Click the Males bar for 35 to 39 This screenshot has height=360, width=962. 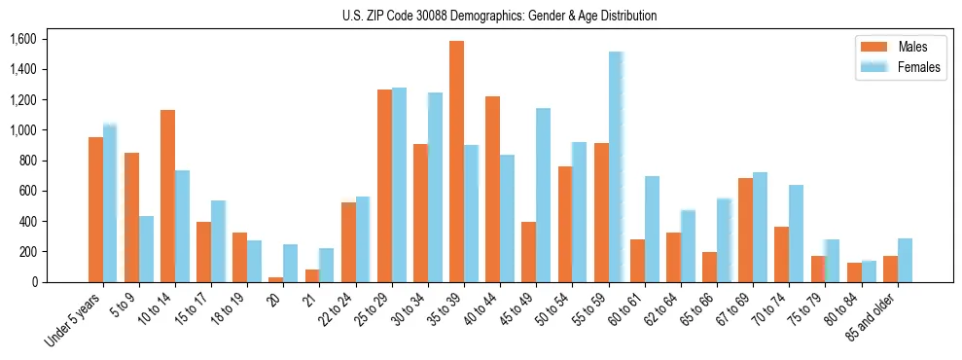(456, 162)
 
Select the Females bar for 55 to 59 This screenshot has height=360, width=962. (616, 166)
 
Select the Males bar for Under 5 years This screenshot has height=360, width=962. (95, 209)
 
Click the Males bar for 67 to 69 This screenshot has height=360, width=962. (745, 230)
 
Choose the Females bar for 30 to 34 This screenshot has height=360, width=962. (435, 187)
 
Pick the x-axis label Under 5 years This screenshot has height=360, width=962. (76, 319)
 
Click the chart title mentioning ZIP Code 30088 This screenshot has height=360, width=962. (499, 16)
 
